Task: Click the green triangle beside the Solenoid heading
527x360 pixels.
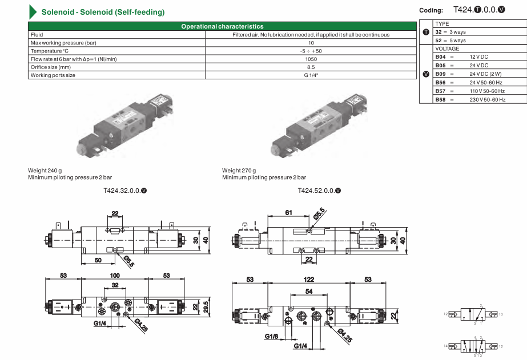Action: coord(33,12)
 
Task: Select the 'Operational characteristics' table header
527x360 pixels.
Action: coord(222,26)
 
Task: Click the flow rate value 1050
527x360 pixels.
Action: coord(311,59)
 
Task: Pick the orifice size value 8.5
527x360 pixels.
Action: coord(311,67)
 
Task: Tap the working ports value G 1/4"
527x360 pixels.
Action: coord(311,75)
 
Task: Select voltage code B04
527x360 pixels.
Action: coord(440,57)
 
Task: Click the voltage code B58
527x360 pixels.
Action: coord(440,99)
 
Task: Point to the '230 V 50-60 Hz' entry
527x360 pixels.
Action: coord(487,99)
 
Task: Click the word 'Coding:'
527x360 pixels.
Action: coord(431,10)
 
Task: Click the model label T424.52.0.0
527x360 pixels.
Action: coord(317,190)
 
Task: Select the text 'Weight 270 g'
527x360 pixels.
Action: coord(239,171)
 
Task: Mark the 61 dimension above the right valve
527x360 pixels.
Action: coord(288,213)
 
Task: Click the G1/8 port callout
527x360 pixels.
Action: coord(271,337)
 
